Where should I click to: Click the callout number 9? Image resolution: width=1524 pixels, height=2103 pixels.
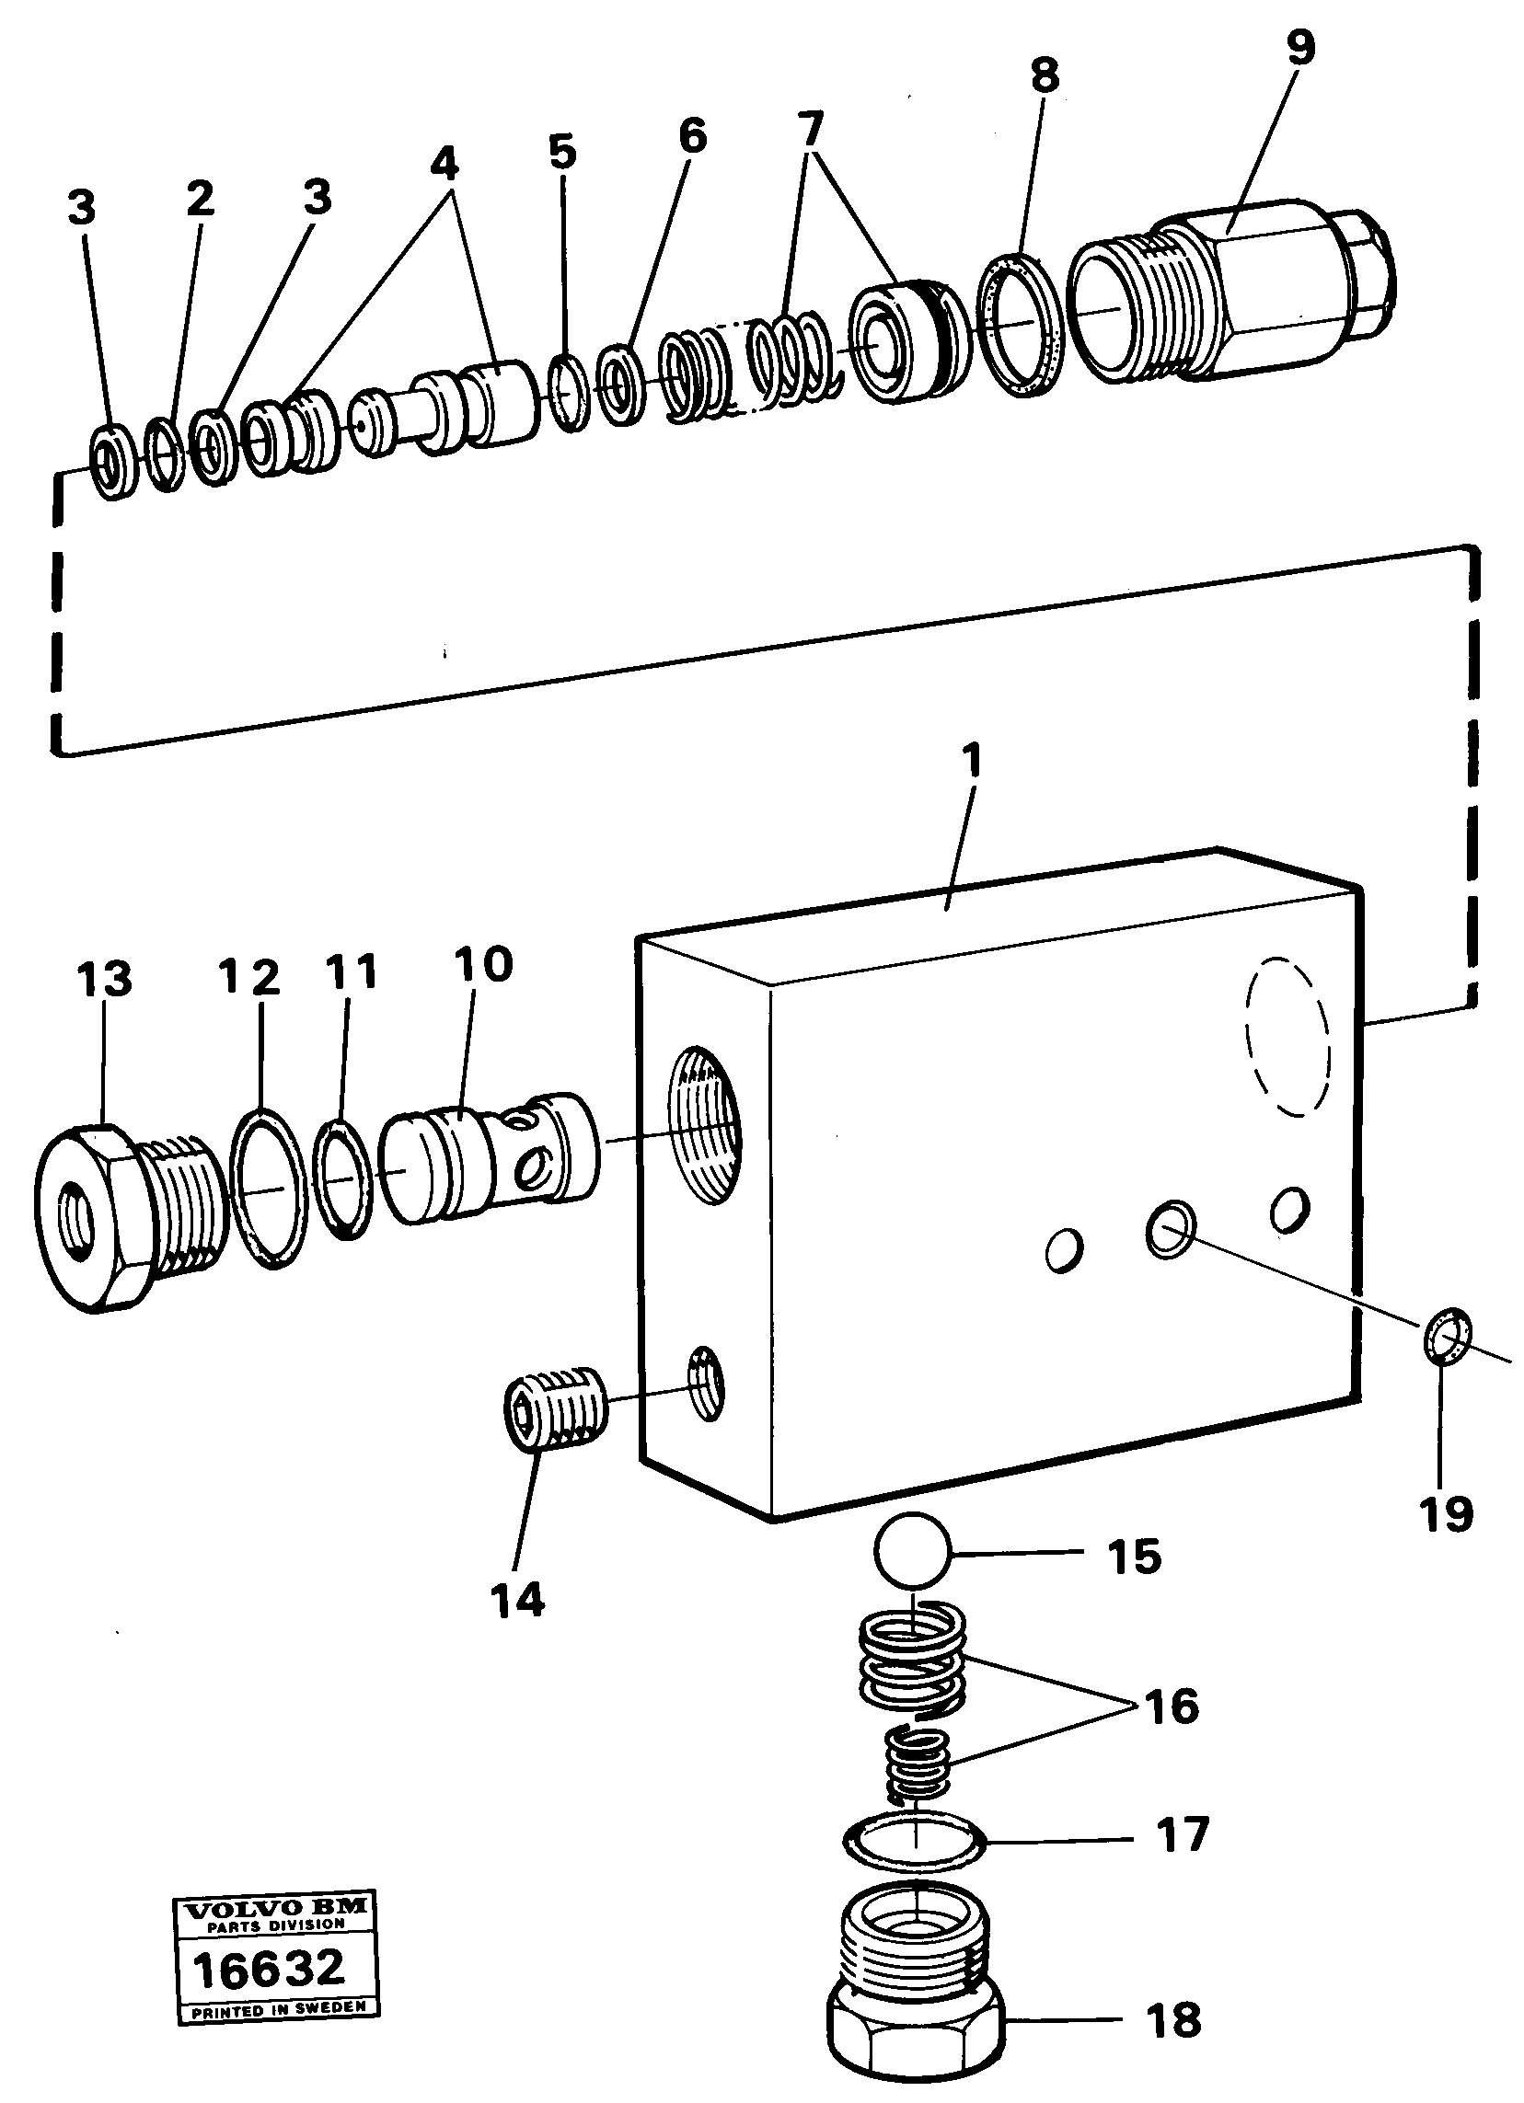pyautogui.click(x=1300, y=47)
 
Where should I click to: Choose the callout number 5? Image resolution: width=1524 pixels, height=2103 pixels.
pyautogui.click(x=562, y=151)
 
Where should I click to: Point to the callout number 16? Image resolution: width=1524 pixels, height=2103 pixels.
pyautogui.click(x=1172, y=1706)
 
